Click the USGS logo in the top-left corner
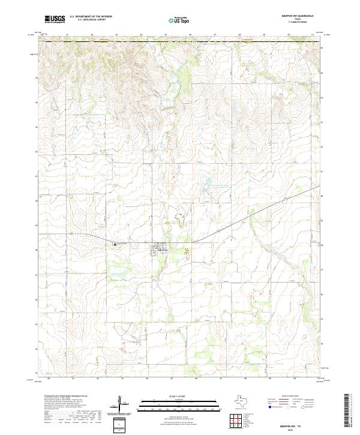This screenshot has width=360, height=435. click(x=55, y=20)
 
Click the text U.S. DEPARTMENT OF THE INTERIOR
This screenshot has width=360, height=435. click(x=91, y=17)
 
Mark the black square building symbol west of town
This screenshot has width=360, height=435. click(x=116, y=244)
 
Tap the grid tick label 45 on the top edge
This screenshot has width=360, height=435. click(x=165, y=35)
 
